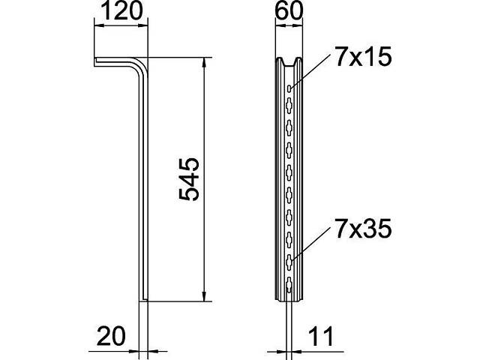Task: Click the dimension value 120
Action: click(121, 11)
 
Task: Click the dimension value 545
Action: click(189, 179)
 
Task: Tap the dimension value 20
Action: click(111, 336)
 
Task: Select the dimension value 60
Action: click(289, 11)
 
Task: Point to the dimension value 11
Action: click(321, 336)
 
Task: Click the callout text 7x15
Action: click(363, 57)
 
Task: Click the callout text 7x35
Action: click(363, 229)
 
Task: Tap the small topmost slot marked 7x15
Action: click(289, 88)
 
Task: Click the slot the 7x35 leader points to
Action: click(289, 261)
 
